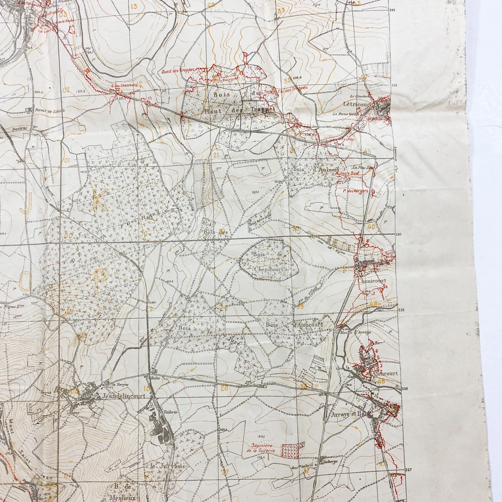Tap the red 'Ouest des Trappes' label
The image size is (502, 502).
pyautogui.click(x=178, y=71)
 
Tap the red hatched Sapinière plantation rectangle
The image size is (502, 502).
pyautogui.click(x=292, y=450)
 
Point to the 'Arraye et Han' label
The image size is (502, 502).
pyautogui.click(x=347, y=415)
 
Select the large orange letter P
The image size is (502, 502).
pyautogui.click(x=101, y=277)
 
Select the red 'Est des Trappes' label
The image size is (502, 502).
pyautogui.click(x=293, y=88)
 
